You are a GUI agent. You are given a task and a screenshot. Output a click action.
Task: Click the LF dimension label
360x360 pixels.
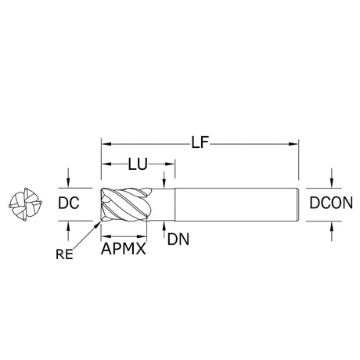pyautogui.click(x=200, y=142)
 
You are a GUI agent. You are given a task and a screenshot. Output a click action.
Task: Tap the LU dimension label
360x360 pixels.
pyautogui.click(x=138, y=164)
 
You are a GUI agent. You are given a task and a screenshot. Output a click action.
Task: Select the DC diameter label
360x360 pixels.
pyautogui.click(x=69, y=203)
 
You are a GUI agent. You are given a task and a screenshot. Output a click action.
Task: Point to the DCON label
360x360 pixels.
pyautogui.click(x=331, y=203)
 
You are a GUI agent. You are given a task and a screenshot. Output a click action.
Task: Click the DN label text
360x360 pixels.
pyautogui.click(x=178, y=239)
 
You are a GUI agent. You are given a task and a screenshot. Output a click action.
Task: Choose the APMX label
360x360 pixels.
pyautogui.click(x=124, y=249)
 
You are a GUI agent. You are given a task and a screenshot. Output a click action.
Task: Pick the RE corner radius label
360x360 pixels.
pyautogui.click(x=64, y=254)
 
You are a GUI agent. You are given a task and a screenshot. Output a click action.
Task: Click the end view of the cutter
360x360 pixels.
pyautogui.click(x=25, y=204)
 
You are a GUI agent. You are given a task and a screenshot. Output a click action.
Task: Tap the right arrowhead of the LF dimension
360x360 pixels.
pyautogui.click(x=293, y=144)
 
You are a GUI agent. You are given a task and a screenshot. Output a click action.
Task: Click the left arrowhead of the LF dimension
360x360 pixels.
pyautogui.click(x=106, y=144)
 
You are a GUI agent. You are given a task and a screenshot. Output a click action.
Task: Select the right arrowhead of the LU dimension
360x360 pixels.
pyautogui.click(x=170, y=164)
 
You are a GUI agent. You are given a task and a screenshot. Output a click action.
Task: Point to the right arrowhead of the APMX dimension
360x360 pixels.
pyautogui.click(x=142, y=236)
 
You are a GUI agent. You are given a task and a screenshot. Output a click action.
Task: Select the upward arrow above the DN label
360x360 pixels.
pyautogui.click(x=164, y=229)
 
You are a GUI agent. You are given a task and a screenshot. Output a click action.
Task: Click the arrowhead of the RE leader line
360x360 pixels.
pyautogui.click(x=99, y=223)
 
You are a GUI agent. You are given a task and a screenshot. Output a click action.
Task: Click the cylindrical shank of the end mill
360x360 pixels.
pyautogui.click(x=236, y=204)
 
